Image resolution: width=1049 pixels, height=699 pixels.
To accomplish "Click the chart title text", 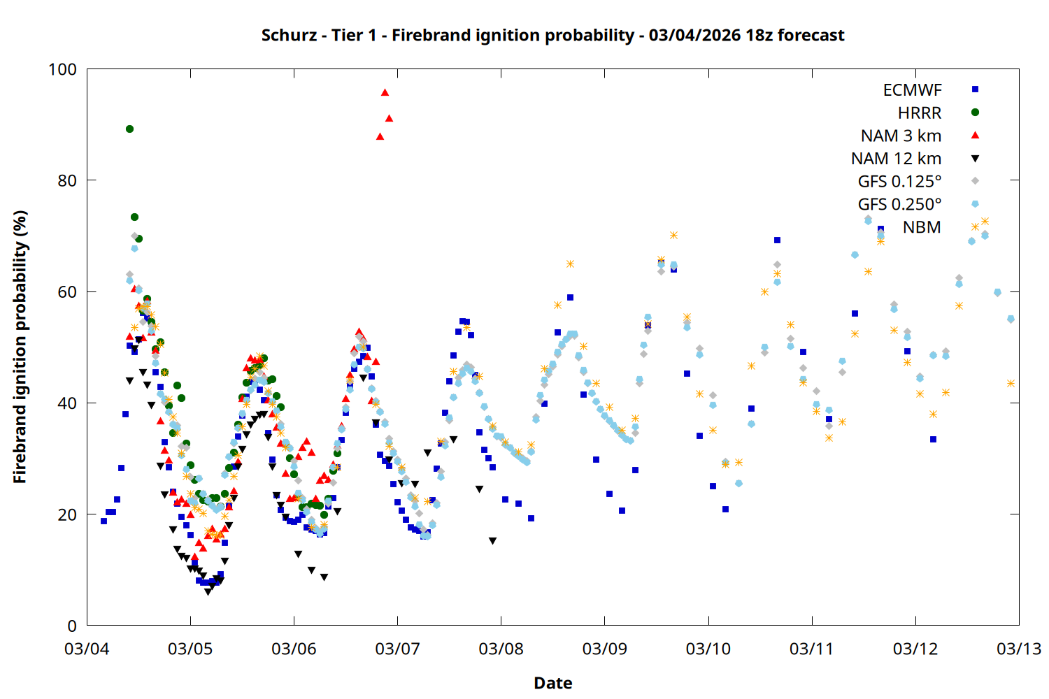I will (552, 35).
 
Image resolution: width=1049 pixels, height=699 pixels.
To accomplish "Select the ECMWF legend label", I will (912, 90).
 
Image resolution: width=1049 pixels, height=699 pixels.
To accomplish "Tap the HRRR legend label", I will (920, 113).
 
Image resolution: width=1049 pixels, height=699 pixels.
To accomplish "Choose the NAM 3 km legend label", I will (901, 136).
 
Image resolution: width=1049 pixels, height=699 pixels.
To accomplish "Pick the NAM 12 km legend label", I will (896, 159).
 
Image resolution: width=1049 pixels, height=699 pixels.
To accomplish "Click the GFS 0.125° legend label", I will (899, 182).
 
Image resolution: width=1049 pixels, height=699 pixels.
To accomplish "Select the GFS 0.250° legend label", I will (899, 205).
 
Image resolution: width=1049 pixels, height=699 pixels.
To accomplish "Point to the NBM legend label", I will (922, 227).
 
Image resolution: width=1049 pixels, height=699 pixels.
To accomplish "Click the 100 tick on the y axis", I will (62, 69).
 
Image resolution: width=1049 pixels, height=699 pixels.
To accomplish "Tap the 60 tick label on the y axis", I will (67, 291).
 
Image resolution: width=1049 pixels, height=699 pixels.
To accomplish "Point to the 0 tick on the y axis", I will (72, 626).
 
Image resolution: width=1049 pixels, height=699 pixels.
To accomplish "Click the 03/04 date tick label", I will (87, 649).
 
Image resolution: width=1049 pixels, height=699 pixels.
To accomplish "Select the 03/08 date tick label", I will (501, 649).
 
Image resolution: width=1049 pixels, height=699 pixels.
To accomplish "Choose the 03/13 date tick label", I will (1018, 649).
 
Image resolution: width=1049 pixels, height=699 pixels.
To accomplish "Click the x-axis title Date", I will (552, 683).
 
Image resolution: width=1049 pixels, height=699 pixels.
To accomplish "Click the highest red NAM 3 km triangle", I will (385, 92).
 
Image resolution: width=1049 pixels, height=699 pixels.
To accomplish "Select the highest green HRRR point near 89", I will (129, 129).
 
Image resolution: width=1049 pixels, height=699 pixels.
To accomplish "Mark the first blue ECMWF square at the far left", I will (104, 521).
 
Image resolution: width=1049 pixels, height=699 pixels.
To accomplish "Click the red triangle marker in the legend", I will (975, 136).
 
